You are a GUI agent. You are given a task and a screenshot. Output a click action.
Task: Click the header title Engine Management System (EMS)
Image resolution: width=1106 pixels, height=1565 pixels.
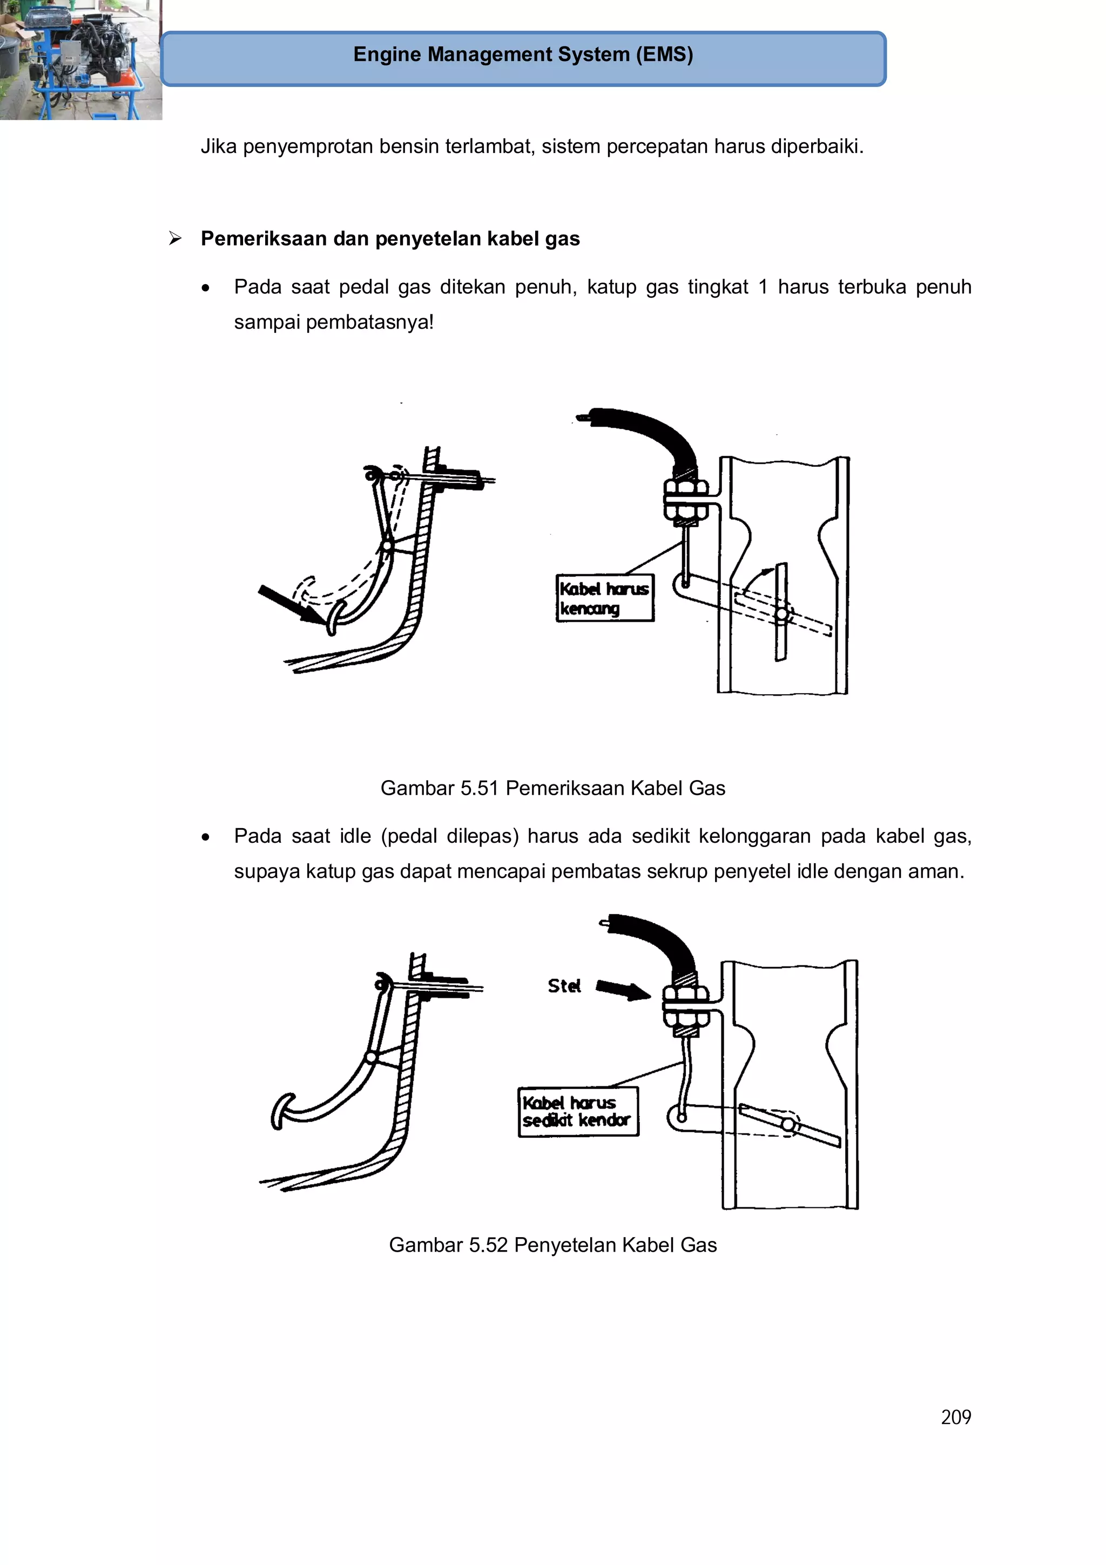[523, 55]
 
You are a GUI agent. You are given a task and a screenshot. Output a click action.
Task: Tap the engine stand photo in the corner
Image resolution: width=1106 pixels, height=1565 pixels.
[80, 59]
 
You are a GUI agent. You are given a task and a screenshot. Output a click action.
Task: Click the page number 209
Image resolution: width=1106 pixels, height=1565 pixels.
[955, 1417]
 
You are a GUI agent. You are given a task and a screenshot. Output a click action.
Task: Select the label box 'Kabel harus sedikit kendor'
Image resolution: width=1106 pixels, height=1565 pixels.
[578, 1112]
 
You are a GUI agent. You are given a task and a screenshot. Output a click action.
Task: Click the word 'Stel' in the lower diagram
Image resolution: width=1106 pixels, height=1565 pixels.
[564, 986]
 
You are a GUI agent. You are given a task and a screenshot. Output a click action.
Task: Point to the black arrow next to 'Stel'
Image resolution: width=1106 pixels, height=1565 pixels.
[623, 989]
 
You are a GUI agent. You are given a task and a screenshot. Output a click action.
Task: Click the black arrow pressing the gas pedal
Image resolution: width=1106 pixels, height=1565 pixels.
[289, 603]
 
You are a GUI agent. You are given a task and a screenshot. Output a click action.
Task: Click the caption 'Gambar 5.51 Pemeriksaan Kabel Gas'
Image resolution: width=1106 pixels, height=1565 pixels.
[552, 788]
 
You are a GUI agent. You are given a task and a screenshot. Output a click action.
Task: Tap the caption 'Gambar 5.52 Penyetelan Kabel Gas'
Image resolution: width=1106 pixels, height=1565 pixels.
[552, 1245]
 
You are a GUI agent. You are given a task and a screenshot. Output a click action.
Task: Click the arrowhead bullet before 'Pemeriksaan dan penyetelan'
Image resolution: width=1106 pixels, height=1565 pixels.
[175, 239]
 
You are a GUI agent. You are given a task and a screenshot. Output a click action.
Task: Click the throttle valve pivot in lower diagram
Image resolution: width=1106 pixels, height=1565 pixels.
[788, 1125]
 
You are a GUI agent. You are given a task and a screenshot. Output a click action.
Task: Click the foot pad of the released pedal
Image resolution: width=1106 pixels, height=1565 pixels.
[281, 1110]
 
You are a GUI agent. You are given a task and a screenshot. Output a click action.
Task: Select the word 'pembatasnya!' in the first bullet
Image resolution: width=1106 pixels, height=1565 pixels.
[369, 323]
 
